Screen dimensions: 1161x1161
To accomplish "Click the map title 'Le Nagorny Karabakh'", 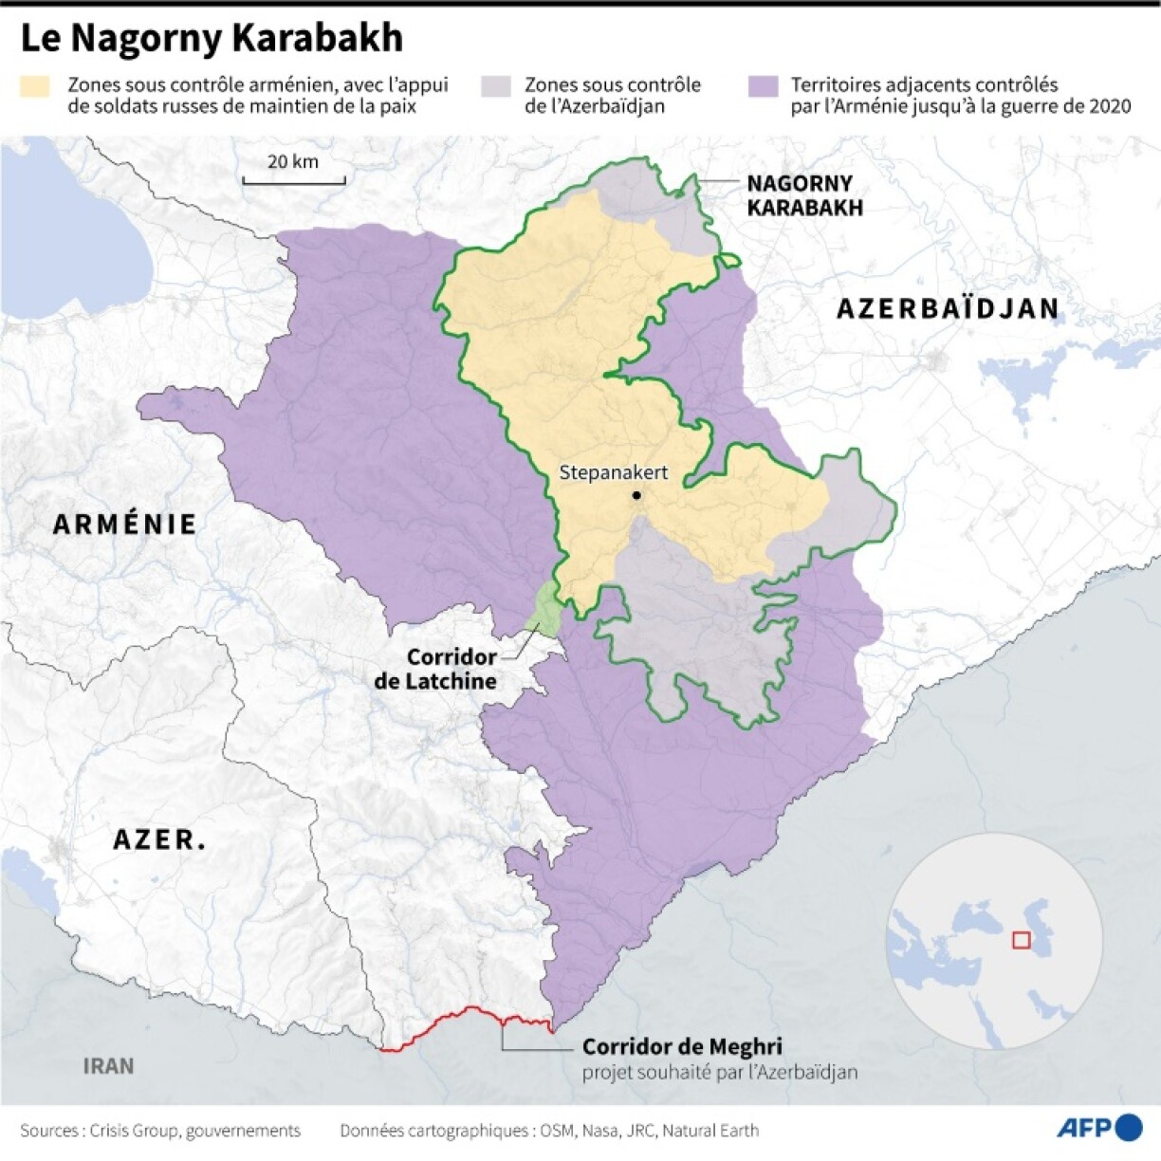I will [x=212, y=38].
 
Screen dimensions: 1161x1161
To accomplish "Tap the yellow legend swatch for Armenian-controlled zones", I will [x=35, y=86].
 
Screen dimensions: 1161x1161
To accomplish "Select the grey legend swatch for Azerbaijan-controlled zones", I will [x=495, y=86].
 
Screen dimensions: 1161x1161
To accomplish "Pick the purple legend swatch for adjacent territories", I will [x=762, y=86].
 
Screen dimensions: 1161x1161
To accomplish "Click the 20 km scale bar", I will [x=293, y=177].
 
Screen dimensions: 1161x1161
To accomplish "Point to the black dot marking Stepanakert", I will [x=636, y=495].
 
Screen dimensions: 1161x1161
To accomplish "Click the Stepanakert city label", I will [x=613, y=472].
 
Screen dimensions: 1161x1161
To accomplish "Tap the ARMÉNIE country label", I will [x=124, y=524].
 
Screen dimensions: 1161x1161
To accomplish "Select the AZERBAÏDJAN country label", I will [x=947, y=308].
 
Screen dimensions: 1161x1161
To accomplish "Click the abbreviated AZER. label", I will [x=159, y=839].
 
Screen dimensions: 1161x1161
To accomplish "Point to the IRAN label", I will [x=108, y=1066].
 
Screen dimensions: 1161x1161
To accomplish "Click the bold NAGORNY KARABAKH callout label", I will [x=804, y=196].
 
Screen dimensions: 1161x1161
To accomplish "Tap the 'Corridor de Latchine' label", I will [x=437, y=669].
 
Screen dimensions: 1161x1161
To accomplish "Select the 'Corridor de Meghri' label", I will [x=682, y=1046].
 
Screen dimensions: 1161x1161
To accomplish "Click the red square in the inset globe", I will [x=1021, y=940].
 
